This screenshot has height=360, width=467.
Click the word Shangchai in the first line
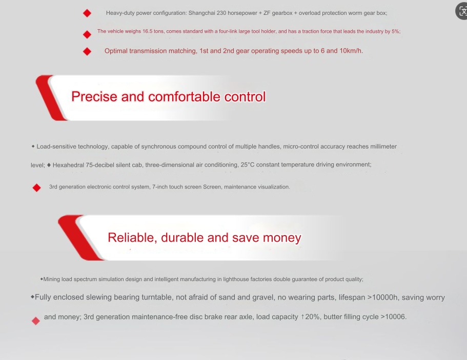pos(202,13)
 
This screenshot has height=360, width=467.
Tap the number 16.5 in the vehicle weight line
pos(148,31)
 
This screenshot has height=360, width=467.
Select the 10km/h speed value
pos(351,51)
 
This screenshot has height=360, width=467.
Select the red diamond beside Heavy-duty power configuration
pos(87,13)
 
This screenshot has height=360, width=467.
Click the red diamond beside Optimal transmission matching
pos(87,52)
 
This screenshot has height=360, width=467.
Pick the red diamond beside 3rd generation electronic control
pos(36,188)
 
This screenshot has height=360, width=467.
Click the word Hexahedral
pos(68,165)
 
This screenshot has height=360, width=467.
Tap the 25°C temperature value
pos(248,164)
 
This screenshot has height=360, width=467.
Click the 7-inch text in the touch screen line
pos(159,187)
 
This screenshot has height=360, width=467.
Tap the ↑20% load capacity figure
pos(310,317)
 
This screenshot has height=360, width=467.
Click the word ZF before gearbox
pos(267,13)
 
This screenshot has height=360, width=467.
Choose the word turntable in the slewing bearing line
pos(156,297)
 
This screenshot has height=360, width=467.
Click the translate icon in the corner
pos(462,11)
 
